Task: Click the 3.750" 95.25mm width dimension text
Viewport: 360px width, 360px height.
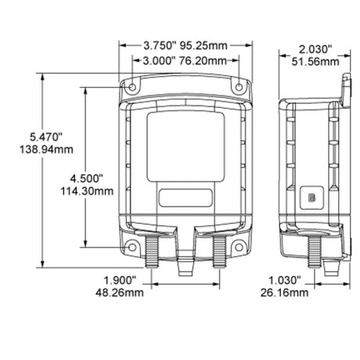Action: click(x=185, y=45)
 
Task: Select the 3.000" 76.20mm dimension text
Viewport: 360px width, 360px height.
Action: click(x=185, y=61)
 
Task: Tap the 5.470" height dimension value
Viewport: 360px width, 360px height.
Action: click(x=46, y=137)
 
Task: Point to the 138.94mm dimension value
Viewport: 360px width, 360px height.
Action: click(x=46, y=149)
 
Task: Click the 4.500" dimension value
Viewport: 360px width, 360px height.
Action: click(x=87, y=178)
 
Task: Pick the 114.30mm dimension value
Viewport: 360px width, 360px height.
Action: click(x=87, y=191)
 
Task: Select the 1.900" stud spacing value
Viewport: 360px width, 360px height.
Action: click(x=120, y=280)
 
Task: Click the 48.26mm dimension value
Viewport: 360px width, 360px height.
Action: click(x=120, y=293)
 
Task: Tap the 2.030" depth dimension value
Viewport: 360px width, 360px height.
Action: click(x=315, y=49)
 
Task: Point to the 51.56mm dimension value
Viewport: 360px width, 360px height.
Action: click(x=315, y=62)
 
